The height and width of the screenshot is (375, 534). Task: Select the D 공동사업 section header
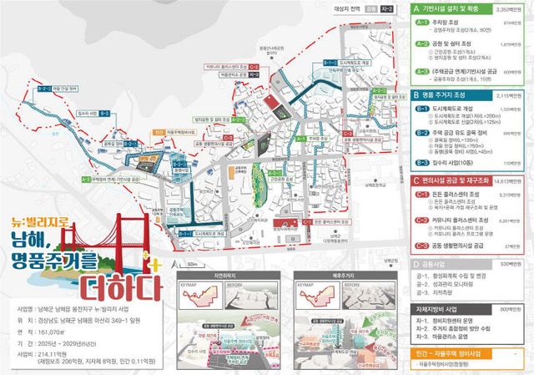pyautogui.click(x=442, y=264)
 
